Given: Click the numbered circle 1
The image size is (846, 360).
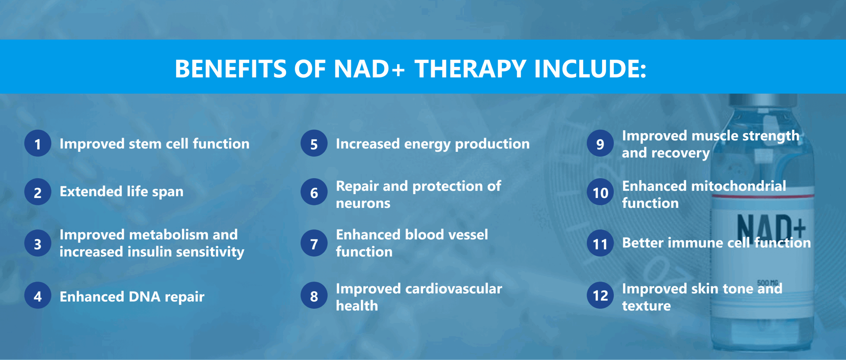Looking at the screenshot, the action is point(38,143).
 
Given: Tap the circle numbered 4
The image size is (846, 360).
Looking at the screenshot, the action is point(38,296).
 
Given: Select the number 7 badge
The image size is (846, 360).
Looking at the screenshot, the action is point(314,243).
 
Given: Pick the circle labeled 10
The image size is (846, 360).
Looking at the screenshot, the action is point(600,192).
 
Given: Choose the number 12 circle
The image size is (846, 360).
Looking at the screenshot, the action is point(600,296).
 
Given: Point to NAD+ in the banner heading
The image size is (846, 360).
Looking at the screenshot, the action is point(369,69).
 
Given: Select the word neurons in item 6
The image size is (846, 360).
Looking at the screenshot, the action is point(363,203).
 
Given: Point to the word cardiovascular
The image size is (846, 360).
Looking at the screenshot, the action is point(454,289).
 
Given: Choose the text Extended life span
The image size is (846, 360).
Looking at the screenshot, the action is point(122,192).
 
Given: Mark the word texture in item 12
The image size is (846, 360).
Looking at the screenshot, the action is point(646,306).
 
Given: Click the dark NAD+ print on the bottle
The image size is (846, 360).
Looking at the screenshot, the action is point(771,227).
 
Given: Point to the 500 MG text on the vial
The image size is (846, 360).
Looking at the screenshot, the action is point(767,283).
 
